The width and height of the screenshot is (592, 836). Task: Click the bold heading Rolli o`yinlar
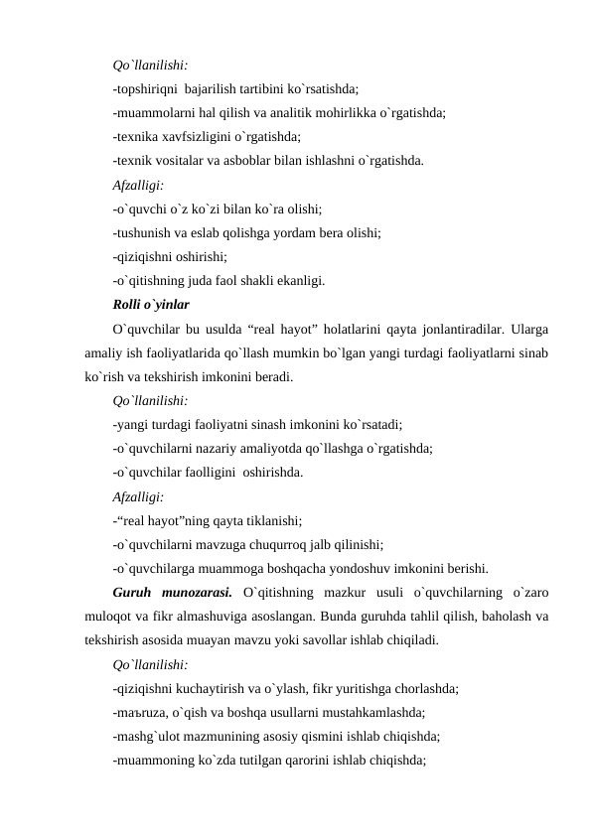(152, 303)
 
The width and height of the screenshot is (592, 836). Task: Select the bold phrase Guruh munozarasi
(173, 593)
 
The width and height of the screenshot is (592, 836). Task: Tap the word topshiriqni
(148, 87)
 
